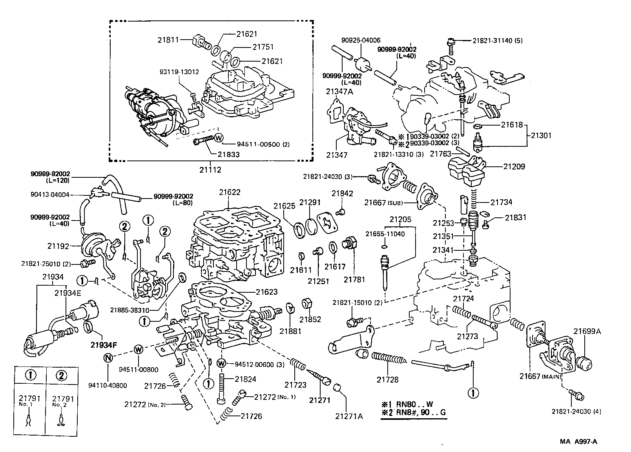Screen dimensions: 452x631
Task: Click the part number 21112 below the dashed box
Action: [210, 170]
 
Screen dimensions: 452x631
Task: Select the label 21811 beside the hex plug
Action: [168, 40]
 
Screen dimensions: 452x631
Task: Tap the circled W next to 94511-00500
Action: [219, 138]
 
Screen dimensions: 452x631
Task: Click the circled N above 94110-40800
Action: [108, 357]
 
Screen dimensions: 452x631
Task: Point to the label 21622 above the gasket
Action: [230, 192]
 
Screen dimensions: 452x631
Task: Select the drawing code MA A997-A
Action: [578, 441]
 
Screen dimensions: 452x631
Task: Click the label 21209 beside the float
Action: [514, 166]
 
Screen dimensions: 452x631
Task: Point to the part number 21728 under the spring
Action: [388, 379]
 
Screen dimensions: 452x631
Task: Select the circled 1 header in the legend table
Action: [31, 375]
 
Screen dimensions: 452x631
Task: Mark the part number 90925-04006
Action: [361, 40]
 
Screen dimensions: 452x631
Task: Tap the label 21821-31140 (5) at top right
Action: [497, 40]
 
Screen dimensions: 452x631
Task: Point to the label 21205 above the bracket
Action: [400, 219]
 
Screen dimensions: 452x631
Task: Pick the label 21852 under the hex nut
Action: [311, 319]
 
